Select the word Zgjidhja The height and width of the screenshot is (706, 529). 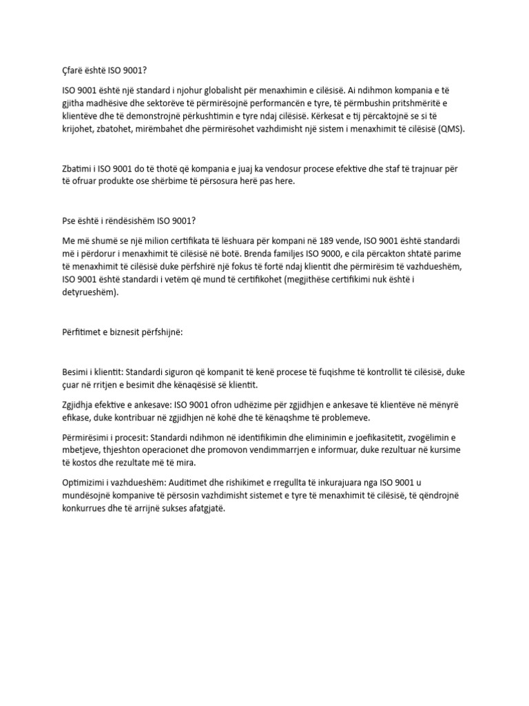pos(80,407)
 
